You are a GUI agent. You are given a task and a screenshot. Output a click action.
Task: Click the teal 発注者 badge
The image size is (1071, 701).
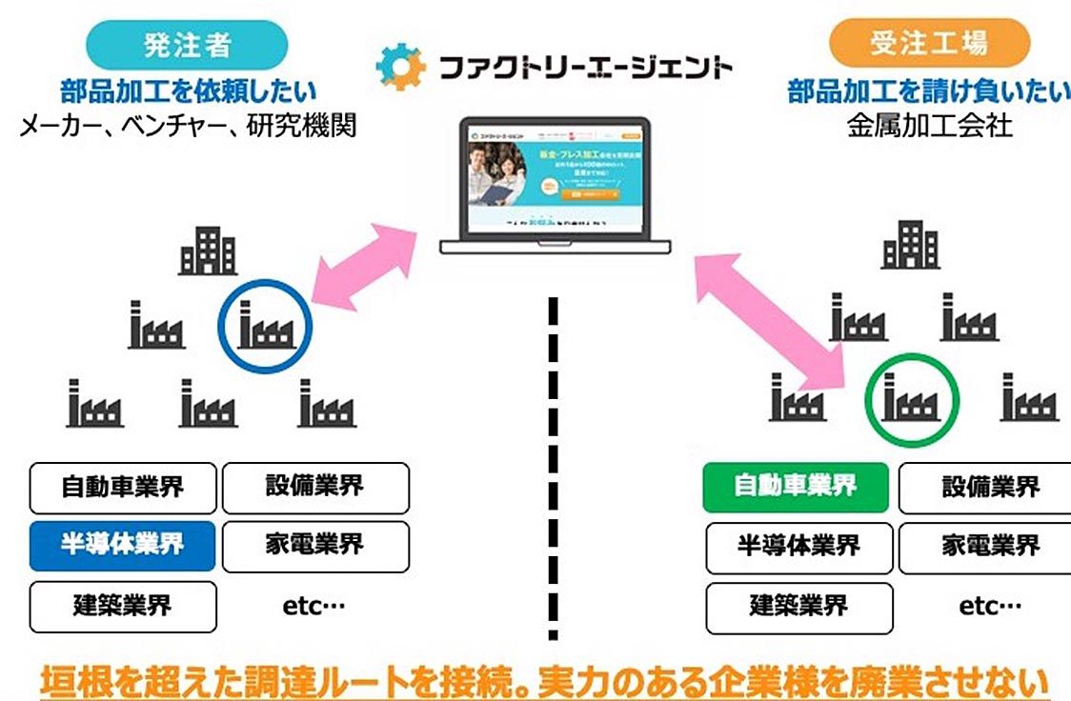pyautogui.click(x=187, y=44)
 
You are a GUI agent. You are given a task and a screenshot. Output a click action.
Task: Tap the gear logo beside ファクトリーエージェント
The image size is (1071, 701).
pyautogui.click(x=400, y=67)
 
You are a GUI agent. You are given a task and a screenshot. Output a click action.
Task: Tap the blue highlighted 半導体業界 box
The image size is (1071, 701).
pyautogui.click(x=123, y=546)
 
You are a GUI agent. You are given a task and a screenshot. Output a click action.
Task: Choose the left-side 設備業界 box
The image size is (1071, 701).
pyautogui.click(x=315, y=488)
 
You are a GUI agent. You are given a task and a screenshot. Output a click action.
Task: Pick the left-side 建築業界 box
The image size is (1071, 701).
pyautogui.click(x=123, y=606)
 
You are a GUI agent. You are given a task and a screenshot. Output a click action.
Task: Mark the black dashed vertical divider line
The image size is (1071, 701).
pyautogui.click(x=552, y=467)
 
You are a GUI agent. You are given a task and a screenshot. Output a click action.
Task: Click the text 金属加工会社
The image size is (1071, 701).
pyautogui.click(x=929, y=126)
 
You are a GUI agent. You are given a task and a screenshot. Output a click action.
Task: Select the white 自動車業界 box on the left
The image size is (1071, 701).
pyautogui.click(x=123, y=488)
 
